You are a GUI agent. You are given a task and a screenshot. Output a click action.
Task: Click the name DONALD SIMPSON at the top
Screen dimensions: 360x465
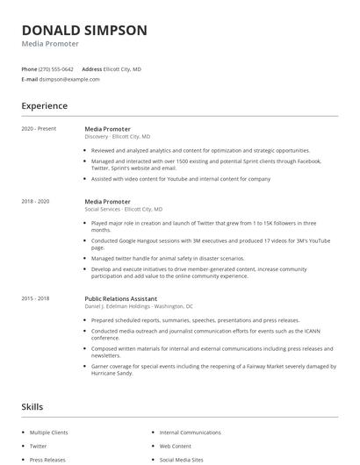(84, 30)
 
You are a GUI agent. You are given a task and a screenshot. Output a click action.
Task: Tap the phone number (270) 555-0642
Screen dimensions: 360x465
(56, 68)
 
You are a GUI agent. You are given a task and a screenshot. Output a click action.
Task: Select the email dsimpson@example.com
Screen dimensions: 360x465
(69, 79)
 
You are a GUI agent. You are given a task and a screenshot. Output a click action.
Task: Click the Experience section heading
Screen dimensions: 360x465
(44, 106)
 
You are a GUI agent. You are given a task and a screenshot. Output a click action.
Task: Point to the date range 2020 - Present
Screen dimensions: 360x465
(39, 129)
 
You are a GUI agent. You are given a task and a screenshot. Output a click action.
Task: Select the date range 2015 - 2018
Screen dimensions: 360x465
(35, 298)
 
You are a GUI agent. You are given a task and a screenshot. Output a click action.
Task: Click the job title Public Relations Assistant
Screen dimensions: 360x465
(126, 298)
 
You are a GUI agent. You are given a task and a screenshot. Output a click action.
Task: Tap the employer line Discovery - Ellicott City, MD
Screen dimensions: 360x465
(117, 137)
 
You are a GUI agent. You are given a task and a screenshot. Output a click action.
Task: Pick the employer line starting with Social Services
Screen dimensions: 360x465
(123, 210)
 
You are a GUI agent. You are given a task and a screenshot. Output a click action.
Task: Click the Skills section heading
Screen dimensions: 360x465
(32, 407)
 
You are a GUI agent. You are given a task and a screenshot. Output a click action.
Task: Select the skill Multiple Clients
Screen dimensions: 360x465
(51, 433)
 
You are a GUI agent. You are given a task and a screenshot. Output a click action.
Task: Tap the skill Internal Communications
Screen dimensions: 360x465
(191, 433)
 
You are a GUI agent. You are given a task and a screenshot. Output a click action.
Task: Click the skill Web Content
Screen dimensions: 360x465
(176, 446)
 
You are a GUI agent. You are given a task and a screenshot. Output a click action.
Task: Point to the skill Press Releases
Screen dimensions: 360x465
(47, 459)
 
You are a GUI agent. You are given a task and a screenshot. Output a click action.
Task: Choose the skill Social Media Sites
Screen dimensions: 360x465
(182, 459)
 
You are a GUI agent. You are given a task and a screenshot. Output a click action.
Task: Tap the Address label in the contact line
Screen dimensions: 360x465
(92, 68)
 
